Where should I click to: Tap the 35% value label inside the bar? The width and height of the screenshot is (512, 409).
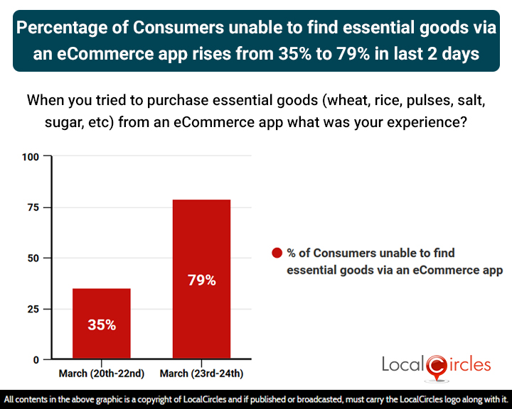(x=102, y=325)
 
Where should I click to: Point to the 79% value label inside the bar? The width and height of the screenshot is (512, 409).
(x=201, y=280)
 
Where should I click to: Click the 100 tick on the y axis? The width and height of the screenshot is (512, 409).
(x=31, y=156)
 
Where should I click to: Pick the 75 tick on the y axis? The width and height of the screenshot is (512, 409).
(x=33, y=207)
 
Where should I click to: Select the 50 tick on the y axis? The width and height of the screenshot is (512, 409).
(x=33, y=258)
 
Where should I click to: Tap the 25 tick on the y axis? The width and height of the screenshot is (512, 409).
(x=33, y=309)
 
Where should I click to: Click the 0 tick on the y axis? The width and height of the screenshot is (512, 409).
(x=36, y=360)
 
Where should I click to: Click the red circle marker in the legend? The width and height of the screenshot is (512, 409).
(x=277, y=253)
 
